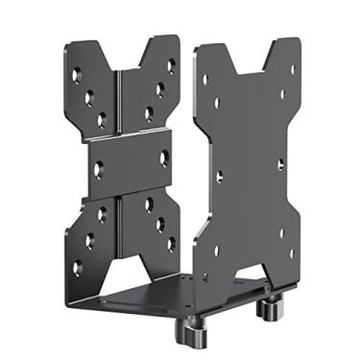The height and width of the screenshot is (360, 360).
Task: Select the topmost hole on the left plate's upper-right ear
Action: click(x=171, y=65)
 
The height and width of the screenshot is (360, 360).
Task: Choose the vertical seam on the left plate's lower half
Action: click(x=120, y=226)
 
